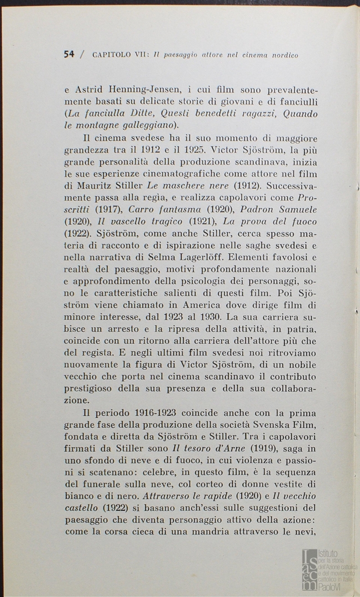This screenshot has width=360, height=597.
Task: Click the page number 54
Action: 69,54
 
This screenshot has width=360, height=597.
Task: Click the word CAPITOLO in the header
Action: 112,55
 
